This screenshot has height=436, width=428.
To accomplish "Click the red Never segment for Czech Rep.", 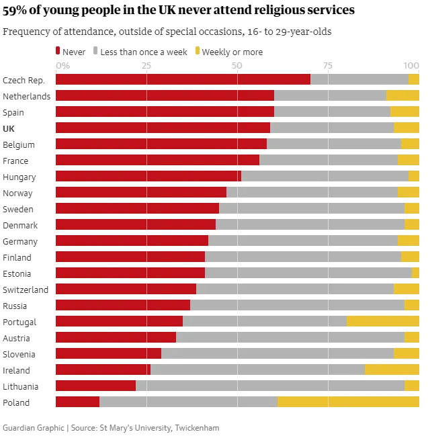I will (x=183, y=80).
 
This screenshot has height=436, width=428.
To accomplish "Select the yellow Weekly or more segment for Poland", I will (x=348, y=402).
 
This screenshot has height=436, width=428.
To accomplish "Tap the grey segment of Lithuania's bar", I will (x=269, y=386).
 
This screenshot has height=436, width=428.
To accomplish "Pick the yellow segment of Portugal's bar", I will (x=382, y=322).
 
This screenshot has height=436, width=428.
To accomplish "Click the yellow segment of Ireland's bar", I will (x=392, y=370).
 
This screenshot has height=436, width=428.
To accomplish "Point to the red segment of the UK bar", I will (x=163, y=128).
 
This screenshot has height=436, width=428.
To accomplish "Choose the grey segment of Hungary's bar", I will (x=325, y=177).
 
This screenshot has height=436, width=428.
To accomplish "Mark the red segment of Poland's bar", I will (x=77, y=402).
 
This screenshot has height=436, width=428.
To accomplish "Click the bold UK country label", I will (x=9, y=128).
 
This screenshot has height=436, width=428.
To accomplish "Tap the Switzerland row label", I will (x=26, y=290).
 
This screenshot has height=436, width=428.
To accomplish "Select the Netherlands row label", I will (x=26, y=96).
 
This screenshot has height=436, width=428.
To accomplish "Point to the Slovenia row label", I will (x=19, y=354).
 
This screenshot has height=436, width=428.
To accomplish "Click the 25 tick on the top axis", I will (x=146, y=65).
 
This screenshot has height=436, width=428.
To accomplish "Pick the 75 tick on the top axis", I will (x=327, y=65).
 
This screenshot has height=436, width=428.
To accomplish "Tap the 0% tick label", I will (x=62, y=65).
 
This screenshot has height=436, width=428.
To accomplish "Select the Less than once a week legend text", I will (x=144, y=52).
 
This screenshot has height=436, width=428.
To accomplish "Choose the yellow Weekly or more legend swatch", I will (x=197, y=51).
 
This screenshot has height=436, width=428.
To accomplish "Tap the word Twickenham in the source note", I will (x=197, y=428).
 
